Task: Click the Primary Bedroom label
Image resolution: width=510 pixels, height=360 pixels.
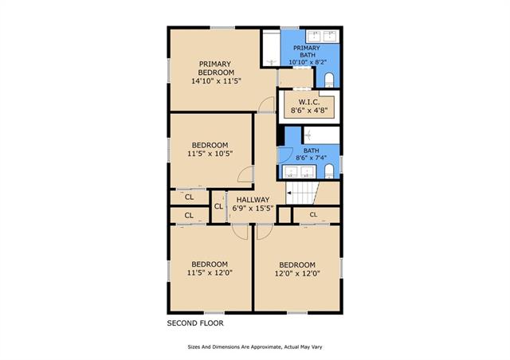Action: coord(216,68)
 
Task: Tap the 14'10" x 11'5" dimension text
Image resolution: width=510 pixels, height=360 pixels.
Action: coord(216,80)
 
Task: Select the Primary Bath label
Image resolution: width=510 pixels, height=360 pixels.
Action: coord(307,52)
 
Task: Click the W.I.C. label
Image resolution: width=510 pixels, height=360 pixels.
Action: coord(309,102)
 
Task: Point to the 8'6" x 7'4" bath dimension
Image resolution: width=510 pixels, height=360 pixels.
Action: coord(312,158)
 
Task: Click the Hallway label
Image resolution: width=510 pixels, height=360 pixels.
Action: coord(253,200)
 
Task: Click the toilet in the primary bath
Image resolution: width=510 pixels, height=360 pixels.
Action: coord(329,80)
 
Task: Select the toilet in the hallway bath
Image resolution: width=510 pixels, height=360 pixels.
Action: coord(329,171)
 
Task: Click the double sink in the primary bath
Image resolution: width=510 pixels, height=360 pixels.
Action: coord(323,37)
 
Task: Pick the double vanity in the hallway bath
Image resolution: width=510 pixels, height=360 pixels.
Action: coord(299,172)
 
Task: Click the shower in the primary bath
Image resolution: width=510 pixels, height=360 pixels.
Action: coord(271,49)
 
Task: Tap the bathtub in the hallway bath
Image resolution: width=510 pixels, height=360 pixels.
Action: coord(321,135)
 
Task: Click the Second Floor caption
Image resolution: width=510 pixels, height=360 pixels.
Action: coord(195,323)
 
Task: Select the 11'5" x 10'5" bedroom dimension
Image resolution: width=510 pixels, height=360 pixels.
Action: coord(210,154)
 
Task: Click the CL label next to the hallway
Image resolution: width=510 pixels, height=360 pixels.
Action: coord(218,206)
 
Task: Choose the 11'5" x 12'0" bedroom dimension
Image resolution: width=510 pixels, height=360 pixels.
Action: coord(210,272)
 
